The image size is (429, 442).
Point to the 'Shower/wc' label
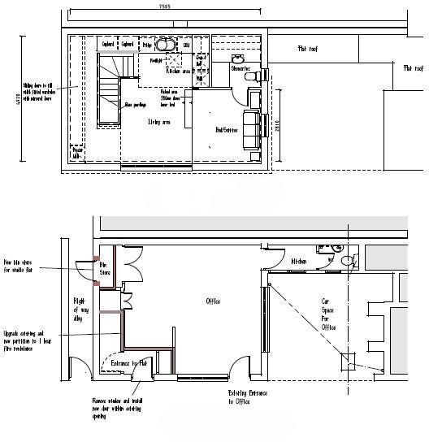pos(240,69)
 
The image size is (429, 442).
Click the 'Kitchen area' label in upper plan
pos(178,71)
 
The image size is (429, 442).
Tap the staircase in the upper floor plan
pos(109,89)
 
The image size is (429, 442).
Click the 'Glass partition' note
pos(135,104)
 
